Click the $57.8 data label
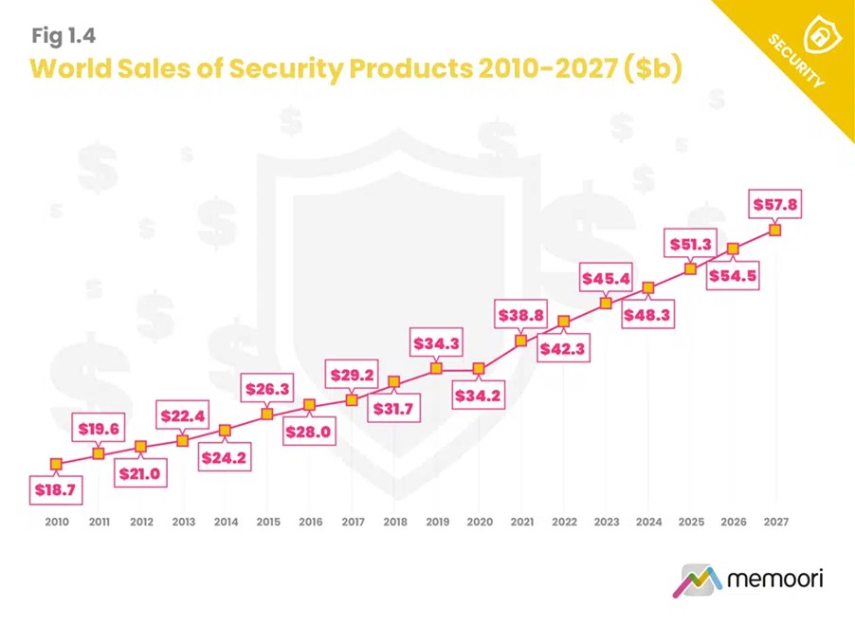(x=775, y=203)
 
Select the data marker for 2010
(x=56, y=464)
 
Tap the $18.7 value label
(x=55, y=490)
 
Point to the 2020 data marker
(x=479, y=368)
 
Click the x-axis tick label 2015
(x=268, y=522)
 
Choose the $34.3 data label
(x=436, y=341)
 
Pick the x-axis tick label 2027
(x=775, y=522)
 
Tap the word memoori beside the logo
(x=774, y=578)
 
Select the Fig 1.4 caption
(x=64, y=36)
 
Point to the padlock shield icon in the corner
(x=816, y=36)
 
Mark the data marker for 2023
(x=606, y=304)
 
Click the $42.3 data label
(x=563, y=348)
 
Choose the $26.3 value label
(x=267, y=388)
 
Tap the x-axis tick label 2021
(x=521, y=522)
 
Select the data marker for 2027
(x=775, y=230)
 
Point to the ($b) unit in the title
(x=652, y=69)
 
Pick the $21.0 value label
(x=140, y=472)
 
